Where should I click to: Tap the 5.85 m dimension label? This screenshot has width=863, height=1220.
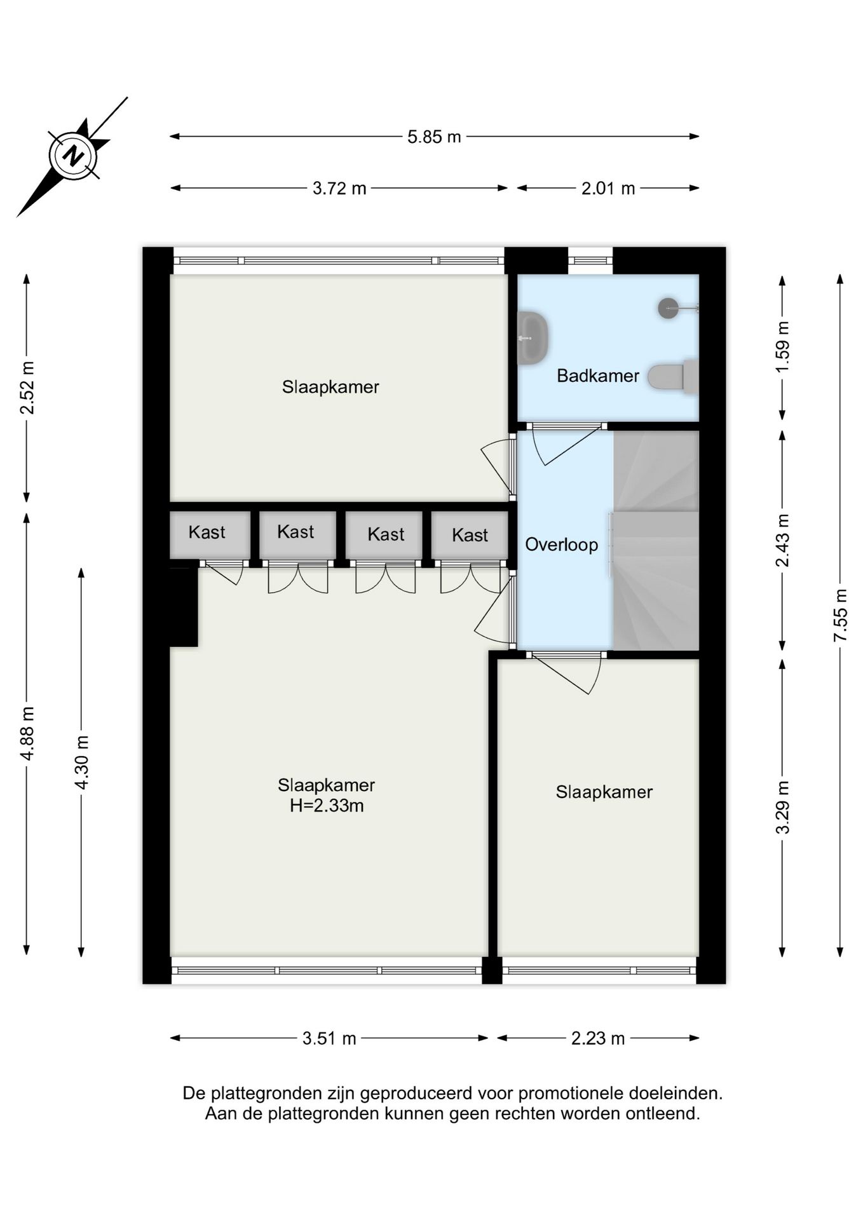434,137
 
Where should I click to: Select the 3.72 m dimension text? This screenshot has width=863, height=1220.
339,189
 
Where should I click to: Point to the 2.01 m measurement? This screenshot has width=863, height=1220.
608,189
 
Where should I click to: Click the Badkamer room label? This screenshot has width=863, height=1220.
598,376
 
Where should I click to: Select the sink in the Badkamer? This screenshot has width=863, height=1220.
533,338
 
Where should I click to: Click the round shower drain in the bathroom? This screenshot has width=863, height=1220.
669,308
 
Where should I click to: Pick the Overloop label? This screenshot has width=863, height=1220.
561,545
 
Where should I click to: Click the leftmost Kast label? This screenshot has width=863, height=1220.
207,532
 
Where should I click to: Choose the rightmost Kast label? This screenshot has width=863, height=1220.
470,535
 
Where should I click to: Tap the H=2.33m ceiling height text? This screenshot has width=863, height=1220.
327,806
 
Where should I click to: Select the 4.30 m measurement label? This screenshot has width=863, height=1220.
82,762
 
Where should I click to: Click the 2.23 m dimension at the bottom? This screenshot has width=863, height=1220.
598,1039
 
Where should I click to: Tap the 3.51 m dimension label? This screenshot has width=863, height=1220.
329,1039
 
